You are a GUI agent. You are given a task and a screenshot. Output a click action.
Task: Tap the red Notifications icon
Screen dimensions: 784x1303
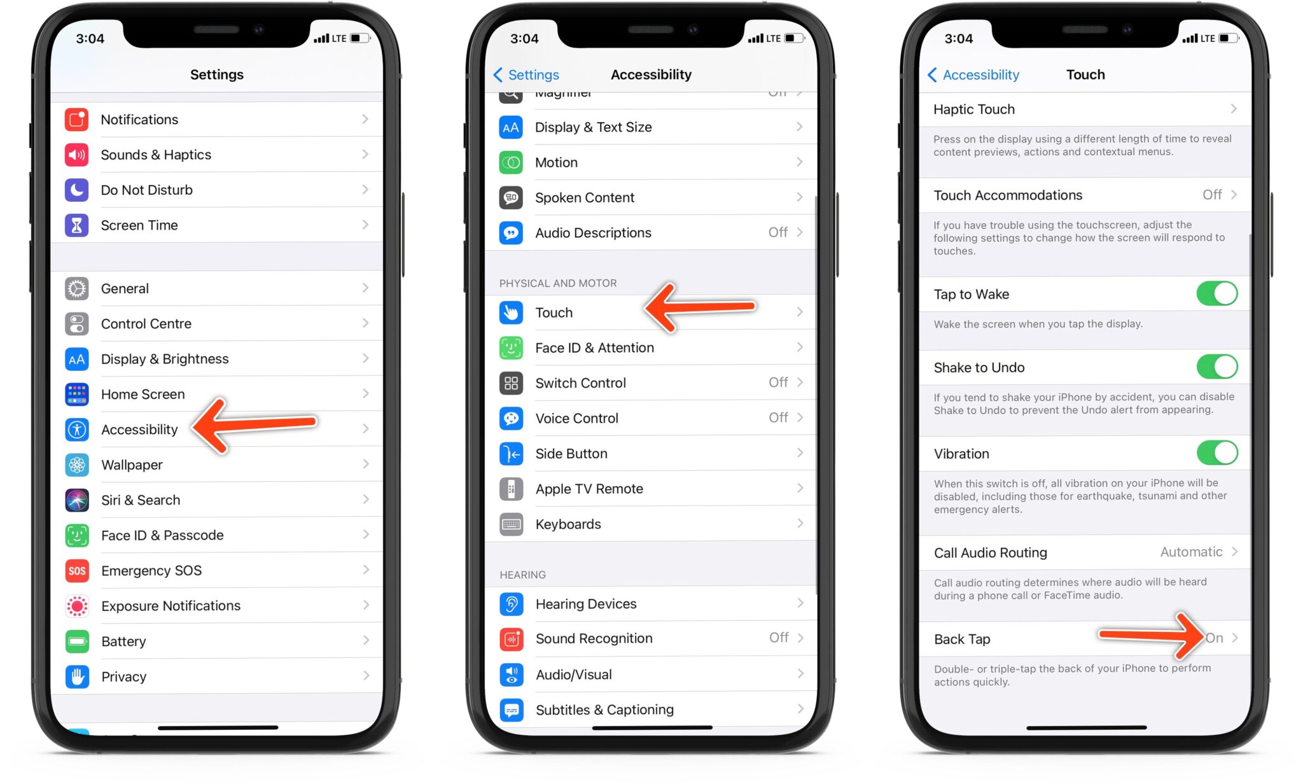[77, 120]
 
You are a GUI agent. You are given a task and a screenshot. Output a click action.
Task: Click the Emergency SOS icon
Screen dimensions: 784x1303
[77, 571]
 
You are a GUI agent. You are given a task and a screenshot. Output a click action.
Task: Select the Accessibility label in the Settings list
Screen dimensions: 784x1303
[139, 430]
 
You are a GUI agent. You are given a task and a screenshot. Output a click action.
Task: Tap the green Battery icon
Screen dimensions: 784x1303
[77, 641]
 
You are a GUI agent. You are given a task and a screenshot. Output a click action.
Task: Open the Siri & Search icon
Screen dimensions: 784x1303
[77, 500]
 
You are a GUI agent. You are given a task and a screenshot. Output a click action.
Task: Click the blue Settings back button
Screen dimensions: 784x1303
[526, 75]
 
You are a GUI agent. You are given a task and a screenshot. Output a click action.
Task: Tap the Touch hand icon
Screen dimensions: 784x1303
[511, 312]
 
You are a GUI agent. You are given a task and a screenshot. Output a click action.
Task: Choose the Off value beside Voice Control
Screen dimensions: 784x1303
[778, 417]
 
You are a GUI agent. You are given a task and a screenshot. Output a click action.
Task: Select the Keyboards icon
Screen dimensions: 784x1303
[511, 524]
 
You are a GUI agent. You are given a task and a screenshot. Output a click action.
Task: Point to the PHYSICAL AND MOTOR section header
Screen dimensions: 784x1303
[558, 283]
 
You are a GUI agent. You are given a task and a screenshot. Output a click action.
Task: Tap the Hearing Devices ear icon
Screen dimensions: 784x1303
[511, 604]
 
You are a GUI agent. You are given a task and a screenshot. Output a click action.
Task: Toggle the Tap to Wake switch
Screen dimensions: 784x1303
[1216, 294]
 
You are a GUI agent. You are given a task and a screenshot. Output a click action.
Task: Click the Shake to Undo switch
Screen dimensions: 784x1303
[1216, 367]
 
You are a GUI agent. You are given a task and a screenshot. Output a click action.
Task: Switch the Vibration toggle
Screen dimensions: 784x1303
[1216, 453]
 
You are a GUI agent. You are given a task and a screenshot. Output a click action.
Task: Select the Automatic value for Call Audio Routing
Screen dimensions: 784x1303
[1191, 552]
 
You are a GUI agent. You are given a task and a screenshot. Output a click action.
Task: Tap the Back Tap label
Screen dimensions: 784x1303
[962, 639]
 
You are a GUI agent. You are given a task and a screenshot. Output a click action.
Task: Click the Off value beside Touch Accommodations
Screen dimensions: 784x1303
[1211, 195]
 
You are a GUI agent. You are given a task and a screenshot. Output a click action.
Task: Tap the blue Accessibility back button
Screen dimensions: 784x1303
[973, 75]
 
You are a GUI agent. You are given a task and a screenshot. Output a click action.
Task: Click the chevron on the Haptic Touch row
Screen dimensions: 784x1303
[1234, 109]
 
